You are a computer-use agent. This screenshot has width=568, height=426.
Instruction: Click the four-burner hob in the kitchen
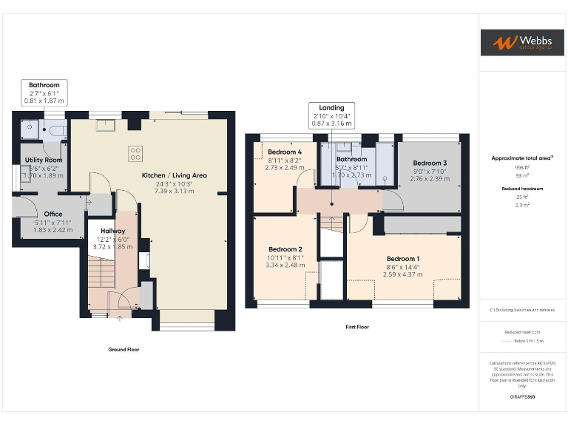pos(136,154)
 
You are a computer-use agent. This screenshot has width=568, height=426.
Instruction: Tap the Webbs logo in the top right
pos(522,42)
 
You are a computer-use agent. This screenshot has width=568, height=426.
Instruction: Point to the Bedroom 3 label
pos(430,163)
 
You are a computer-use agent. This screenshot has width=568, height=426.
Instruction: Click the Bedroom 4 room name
pos(285,152)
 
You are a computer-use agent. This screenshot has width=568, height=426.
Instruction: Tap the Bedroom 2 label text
pos(285,249)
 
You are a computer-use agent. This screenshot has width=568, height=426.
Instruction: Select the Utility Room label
pos(44,160)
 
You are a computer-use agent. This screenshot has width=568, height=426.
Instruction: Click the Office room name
pos(43,214)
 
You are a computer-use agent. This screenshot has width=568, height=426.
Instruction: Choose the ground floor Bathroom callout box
pos(44,92)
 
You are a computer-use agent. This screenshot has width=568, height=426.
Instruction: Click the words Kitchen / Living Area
pos(174,176)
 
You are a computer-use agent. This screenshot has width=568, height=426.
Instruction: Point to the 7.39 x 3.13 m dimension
pos(174,191)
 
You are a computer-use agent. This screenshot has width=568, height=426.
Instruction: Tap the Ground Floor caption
pos(123,349)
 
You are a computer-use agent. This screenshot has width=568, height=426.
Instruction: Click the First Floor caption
pos(356,327)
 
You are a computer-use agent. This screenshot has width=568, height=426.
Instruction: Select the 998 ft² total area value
pos(522,168)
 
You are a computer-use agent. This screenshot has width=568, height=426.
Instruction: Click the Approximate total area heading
pos(522,158)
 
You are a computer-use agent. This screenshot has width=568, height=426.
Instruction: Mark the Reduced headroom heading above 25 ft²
pos(522,189)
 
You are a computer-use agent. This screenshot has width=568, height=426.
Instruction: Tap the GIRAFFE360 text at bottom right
pos(522,397)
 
